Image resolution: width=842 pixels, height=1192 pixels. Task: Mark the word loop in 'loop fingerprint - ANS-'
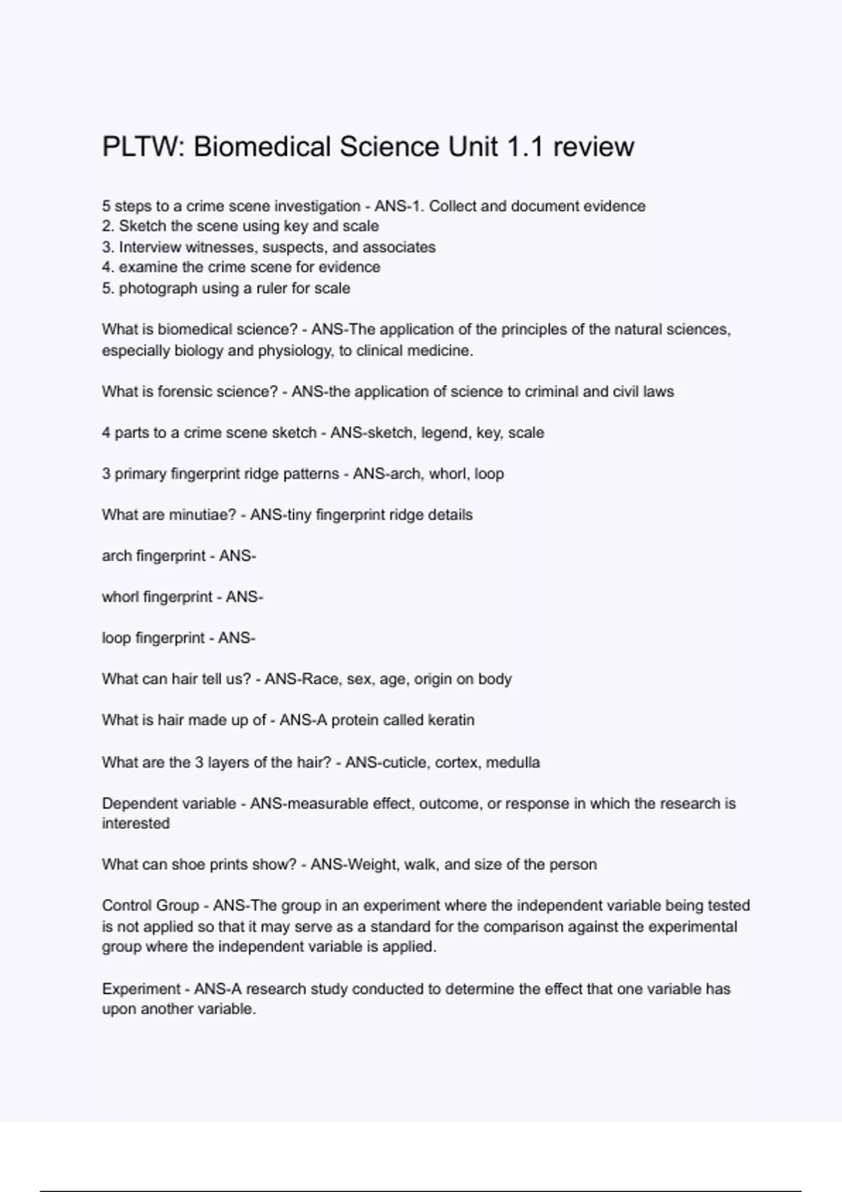point(116,638)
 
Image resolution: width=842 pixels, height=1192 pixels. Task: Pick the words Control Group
point(150,906)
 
